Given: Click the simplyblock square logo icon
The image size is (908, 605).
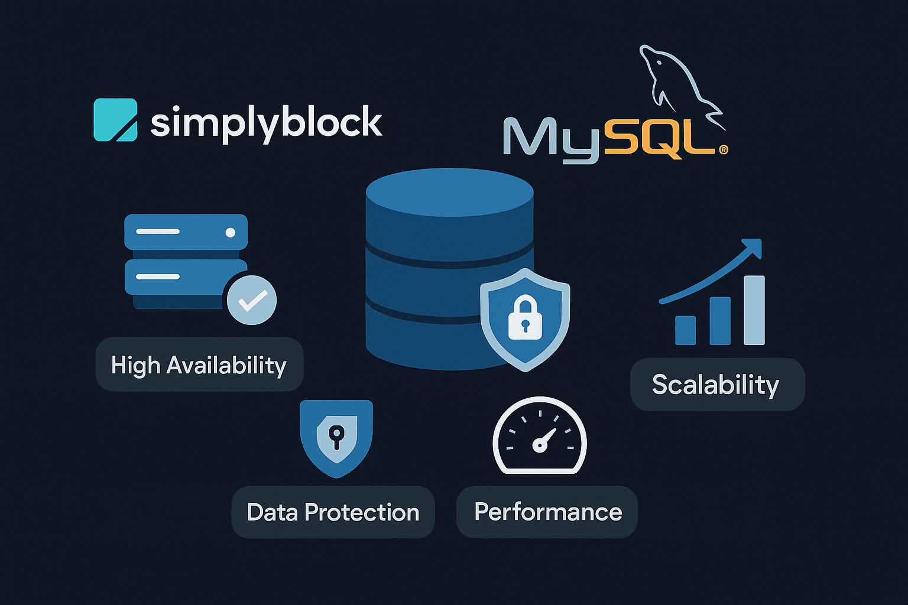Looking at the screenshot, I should [x=116, y=120].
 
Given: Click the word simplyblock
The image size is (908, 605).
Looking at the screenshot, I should [x=266, y=123].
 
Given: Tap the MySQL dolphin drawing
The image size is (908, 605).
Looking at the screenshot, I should [x=680, y=80].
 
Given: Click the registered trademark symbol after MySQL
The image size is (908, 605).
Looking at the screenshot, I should [x=723, y=150].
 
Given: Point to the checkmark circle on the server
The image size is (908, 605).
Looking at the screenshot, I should [x=252, y=300].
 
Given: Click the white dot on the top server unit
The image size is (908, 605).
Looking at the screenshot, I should [x=231, y=232].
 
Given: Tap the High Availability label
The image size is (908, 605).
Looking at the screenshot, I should [x=199, y=365].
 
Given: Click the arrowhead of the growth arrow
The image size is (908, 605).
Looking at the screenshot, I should [x=753, y=246].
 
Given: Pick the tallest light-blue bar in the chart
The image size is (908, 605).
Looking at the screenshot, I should [x=754, y=310].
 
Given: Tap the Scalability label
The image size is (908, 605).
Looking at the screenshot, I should [x=716, y=385].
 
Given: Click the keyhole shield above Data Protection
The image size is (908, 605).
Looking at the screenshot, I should [x=336, y=438].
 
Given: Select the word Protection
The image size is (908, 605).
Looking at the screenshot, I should [x=362, y=512].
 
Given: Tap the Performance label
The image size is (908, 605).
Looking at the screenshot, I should [x=547, y=512].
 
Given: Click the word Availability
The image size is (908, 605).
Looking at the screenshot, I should [x=226, y=365].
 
